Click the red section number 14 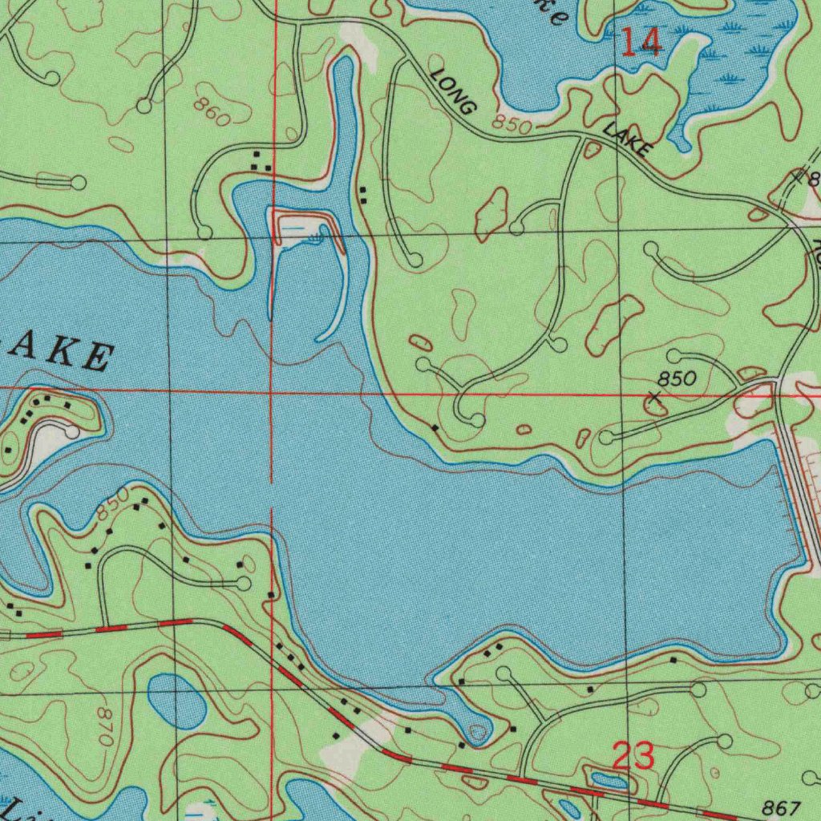click(642, 42)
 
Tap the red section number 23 click(633, 756)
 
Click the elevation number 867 click(782, 807)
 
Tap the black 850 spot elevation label click(678, 378)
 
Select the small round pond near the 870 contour click(176, 700)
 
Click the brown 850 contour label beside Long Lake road click(512, 124)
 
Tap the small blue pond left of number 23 click(608, 779)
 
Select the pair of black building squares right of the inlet click(363, 192)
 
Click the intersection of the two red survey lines click(273, 388)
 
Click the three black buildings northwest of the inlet click(261, 160)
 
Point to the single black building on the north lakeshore click(435, 428)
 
